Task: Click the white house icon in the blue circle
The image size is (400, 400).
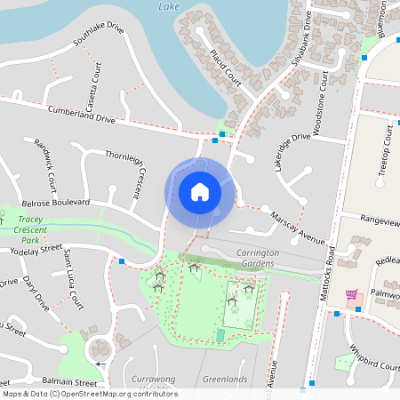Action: (200, 192)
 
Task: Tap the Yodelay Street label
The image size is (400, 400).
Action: (34, 252)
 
